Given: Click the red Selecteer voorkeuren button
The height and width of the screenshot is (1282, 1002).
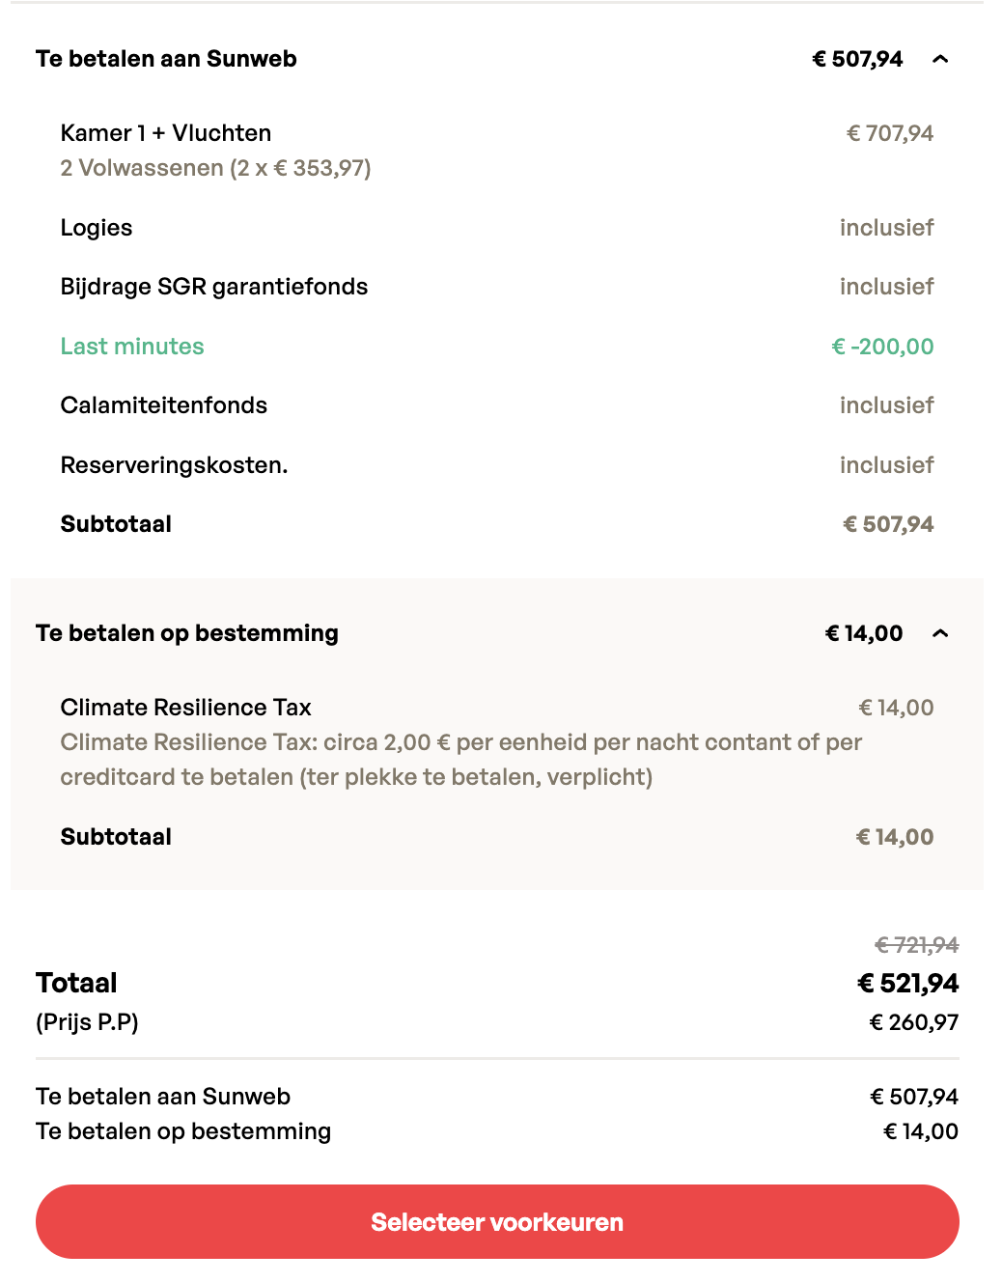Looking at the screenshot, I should tap(497, 1221).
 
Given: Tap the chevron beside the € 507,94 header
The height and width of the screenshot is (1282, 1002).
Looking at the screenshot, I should tap(940, 60).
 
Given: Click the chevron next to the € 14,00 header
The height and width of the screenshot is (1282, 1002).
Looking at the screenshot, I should tap(940, 634).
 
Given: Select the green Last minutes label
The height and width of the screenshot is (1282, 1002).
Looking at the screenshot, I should tap(132, 347).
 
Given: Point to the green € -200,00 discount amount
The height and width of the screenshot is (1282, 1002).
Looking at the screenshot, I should tap(882, 347).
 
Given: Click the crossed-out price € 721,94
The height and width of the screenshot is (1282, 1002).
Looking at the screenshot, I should tap(916, 945).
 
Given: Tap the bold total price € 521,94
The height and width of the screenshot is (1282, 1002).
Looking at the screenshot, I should tap(907, 984).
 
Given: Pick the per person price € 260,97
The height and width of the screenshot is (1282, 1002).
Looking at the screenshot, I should tap(913, 1022).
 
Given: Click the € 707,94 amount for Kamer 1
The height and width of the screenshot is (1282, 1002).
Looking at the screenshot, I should tap(889, 133).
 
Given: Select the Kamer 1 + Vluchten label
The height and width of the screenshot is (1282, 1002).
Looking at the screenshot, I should tap(166, 133).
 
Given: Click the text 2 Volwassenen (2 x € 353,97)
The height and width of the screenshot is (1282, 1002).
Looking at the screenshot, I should tap(215, 168).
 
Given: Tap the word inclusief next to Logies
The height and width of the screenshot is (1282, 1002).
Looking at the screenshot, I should tap(886, 228).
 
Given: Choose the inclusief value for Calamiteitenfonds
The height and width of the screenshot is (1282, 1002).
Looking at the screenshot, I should tap(886, 405).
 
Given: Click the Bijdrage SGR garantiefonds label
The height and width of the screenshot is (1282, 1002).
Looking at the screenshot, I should tap(214, 287).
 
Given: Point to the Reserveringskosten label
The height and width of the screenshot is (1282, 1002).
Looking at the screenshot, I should tap(174, 465).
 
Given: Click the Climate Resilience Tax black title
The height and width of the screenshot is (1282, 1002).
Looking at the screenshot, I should tap(185, 708).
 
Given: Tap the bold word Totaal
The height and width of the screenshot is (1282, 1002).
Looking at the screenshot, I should tap(76, 983).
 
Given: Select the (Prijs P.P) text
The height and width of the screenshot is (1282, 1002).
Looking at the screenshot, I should tap(87, 1022).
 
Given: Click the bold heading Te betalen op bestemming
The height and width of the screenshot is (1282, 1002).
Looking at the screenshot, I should tap(187, 633).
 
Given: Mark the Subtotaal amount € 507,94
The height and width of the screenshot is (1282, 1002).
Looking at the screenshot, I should tap(888, 524).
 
